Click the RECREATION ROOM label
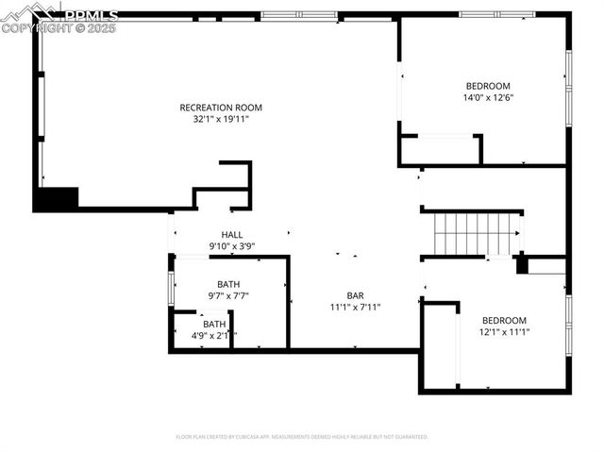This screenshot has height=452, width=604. point(221,108)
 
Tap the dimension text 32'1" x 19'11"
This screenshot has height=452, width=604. point(221,120)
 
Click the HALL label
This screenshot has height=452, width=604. point(232,235)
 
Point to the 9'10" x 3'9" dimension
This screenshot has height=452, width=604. point(232,246)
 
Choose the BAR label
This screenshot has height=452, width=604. point(355,294)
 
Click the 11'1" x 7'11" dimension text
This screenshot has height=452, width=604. point(355,307)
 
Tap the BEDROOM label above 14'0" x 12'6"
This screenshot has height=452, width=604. point(488,86)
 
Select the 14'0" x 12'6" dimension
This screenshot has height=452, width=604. point(488,97)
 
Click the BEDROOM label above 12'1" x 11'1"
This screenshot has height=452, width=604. point(504,320)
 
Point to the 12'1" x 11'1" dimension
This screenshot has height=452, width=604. point(504,332)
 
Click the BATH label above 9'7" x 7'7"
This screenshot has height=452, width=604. point(228,284)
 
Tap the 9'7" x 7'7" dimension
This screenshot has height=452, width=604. point(228,295)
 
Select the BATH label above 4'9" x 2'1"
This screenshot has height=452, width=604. point(214,324)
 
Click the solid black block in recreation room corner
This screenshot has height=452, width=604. point(56,199)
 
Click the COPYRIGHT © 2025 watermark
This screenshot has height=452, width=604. point(59,28)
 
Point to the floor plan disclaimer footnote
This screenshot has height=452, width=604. point(302,437)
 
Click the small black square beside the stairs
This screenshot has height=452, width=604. point(522,265)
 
